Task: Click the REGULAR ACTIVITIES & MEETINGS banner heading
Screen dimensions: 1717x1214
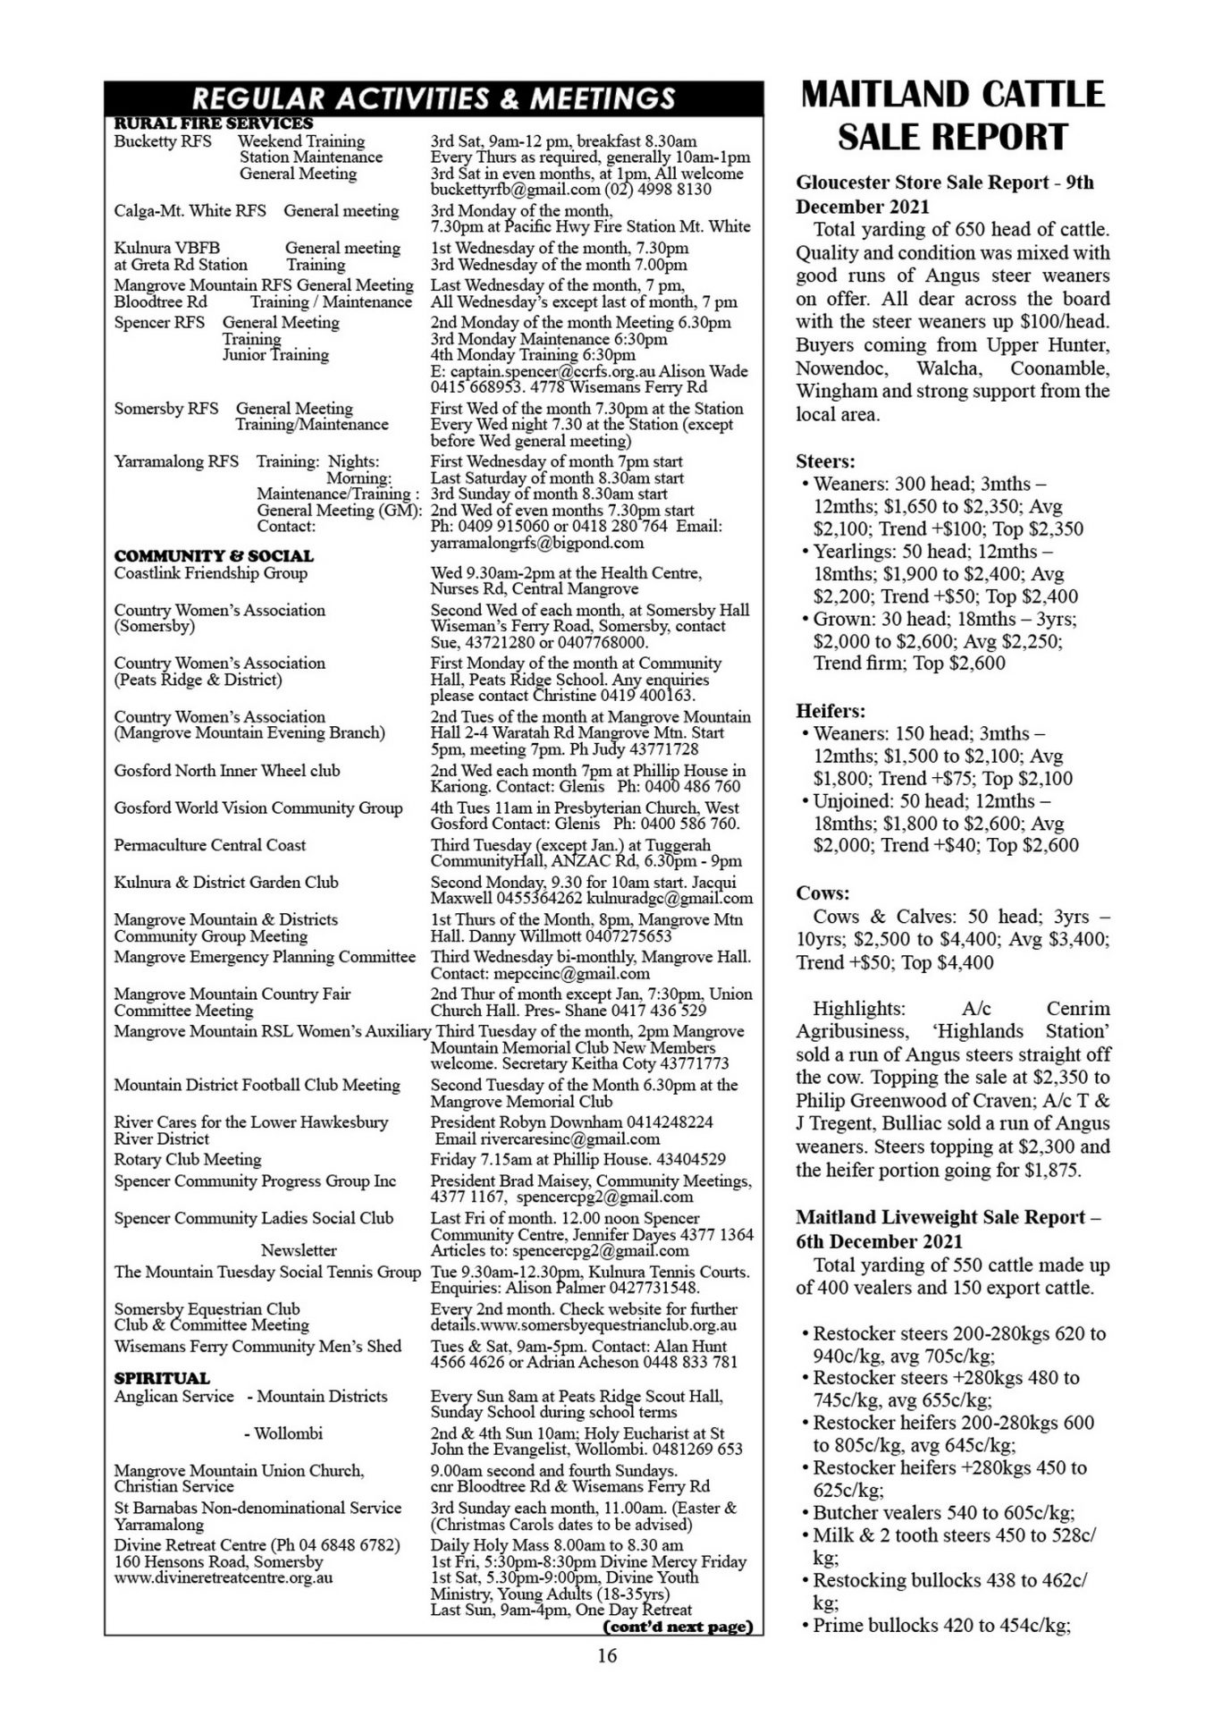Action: tap(434, 97)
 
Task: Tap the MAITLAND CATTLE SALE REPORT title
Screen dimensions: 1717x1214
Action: tap(952, 115)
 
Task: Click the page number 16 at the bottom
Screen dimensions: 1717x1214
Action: tap(607, 1655)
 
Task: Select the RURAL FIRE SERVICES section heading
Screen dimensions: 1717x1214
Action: tap(214, 123)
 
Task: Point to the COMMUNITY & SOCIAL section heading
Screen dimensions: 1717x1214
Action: tap(214, 555)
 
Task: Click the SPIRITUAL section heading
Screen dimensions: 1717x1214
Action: tap(162, 1378)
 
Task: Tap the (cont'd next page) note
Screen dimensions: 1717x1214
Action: tap(679, 1626)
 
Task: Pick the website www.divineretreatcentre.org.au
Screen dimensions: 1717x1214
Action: tap(223, 1577)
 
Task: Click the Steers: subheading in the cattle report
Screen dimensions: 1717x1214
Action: tap(825, 461)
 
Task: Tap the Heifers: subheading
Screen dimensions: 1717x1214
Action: tap(830, 711)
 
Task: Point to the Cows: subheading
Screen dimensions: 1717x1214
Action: tap(822, 892)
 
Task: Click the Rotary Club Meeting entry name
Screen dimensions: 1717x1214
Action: tap(188, 1159)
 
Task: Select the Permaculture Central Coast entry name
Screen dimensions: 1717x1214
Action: tap(209, 845)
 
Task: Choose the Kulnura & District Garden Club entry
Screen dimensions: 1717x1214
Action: tap(226, 882)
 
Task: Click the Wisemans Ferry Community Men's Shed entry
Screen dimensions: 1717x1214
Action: tap(257, 1346)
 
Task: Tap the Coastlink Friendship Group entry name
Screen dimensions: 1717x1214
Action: tap(210, 573)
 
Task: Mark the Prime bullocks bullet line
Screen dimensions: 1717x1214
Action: tap(940, 1625)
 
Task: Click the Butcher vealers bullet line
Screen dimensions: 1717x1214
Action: tap(943, 1512)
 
